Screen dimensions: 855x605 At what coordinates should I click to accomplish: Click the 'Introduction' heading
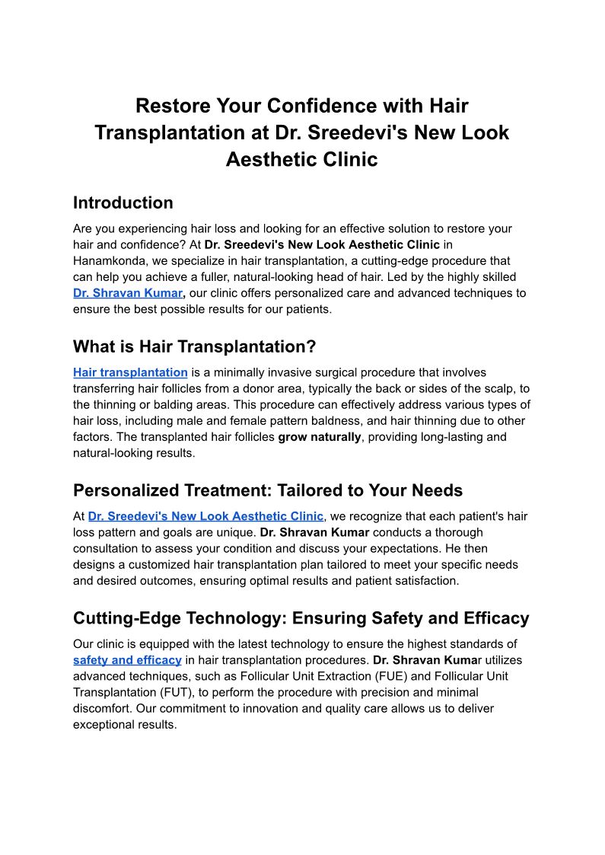point(123,203)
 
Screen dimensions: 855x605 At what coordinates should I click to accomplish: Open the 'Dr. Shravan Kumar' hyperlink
point(128,293)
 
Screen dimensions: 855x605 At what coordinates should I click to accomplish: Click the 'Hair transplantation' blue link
point(130,372)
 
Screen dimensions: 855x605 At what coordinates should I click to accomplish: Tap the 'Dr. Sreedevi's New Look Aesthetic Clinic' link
point(205,516)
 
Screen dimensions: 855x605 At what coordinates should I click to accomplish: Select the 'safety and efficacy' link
point(127,660)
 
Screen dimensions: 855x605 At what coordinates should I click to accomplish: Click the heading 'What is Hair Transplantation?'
point(194,347)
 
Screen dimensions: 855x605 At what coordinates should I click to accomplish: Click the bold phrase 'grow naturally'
point(319,437)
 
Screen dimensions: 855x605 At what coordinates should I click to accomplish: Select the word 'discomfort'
point(104,709)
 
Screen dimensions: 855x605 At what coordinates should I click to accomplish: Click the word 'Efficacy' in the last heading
point(492,618)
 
